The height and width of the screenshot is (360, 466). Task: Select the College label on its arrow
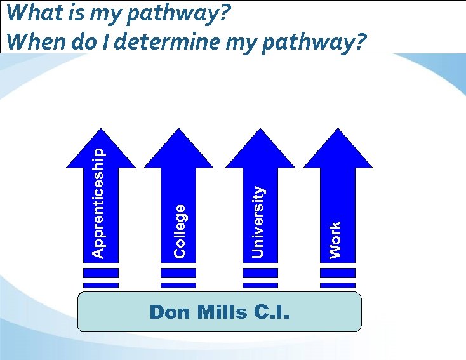click(x=180, y=230)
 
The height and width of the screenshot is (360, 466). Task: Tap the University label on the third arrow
click(x=258, y=222)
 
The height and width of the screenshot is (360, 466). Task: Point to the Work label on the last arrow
click(x=335, y=239)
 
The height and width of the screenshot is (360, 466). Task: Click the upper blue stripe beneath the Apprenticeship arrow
click(x=101, y=273)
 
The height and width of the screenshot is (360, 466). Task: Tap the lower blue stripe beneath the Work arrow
click(x=338, y=285)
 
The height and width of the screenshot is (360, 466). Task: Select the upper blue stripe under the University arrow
click(x=260, y=273)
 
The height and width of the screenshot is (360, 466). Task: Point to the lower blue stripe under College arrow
click(x=179, y=285)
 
